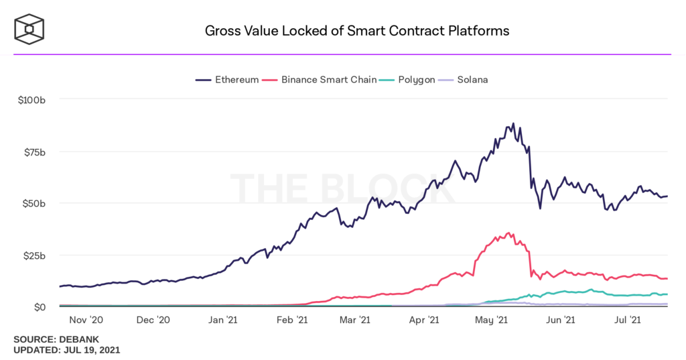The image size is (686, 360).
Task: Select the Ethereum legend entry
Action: click(x=228, y=80)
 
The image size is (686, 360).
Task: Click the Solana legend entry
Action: click(x=464, y=80)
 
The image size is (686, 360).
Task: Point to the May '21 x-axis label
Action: click(x=492, y=320)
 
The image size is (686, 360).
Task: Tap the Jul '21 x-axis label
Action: click(x=629, y=320)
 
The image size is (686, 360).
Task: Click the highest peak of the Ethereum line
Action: click(x=513, y=124)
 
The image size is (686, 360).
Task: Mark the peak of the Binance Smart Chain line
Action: click(x=509, y=233)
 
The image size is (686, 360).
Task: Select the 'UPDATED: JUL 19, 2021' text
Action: click(x=67, y=351)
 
